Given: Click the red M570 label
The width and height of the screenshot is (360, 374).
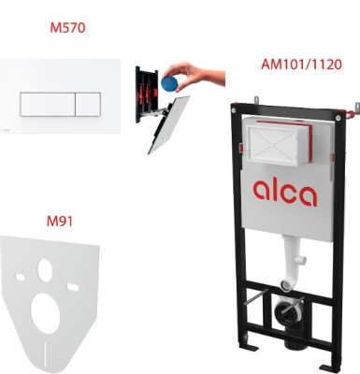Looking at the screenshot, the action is tap(67, 28).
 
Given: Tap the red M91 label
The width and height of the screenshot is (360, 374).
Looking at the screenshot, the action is tap(60, 222).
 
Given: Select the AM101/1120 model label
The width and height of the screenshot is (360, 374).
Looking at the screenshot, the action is tap(301, 65).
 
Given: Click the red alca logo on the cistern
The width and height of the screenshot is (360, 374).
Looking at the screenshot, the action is tap(285, 193).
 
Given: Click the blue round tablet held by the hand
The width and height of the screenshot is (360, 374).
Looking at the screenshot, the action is tap(169, 81).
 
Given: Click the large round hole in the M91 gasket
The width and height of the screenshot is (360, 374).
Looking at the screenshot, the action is tap(46, 313).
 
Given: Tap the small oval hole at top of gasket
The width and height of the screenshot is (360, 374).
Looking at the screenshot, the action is tap(45, 270).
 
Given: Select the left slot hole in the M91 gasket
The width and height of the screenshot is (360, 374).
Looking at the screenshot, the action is tap(20, 277).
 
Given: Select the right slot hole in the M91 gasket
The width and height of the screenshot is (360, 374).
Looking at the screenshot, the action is tap(73, 287).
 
